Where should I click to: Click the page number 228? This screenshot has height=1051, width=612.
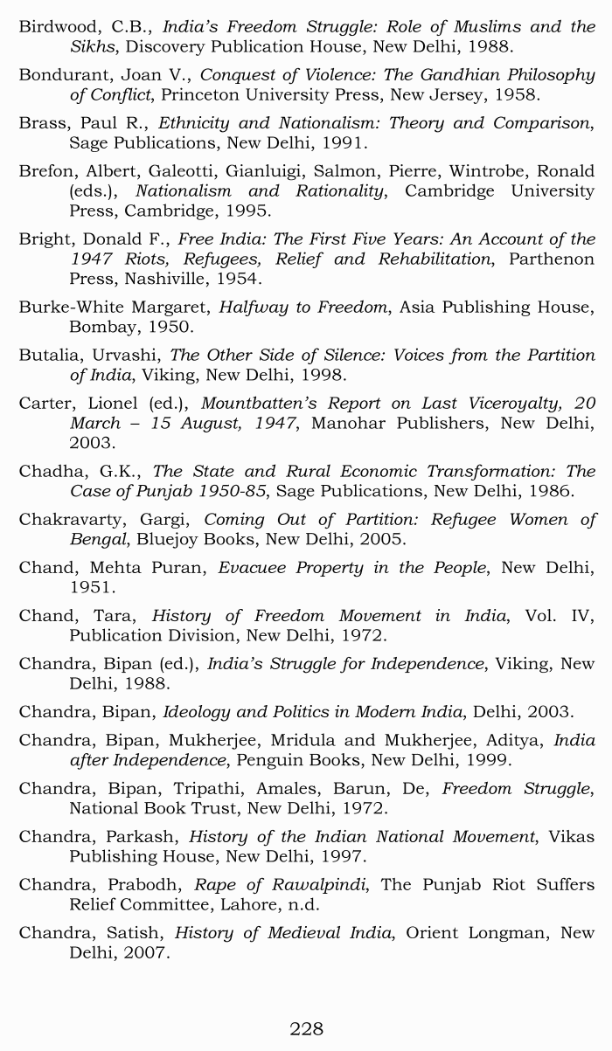(306, 1028)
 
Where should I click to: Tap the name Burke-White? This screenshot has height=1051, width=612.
(71, 308)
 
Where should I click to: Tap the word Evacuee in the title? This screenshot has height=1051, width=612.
(253, 568)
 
